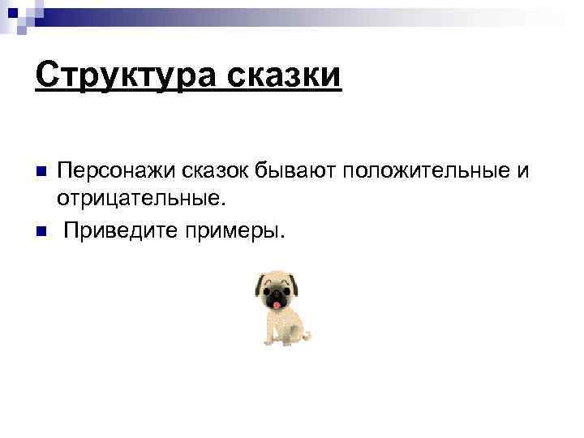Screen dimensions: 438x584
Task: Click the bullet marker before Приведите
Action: click(41, 231)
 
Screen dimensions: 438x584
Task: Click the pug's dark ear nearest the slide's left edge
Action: click(260, 285)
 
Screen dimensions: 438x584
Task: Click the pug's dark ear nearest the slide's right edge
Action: click(294, 283)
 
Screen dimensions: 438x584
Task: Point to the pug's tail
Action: click(307, 335)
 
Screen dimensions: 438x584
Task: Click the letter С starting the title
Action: click(47, 76)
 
